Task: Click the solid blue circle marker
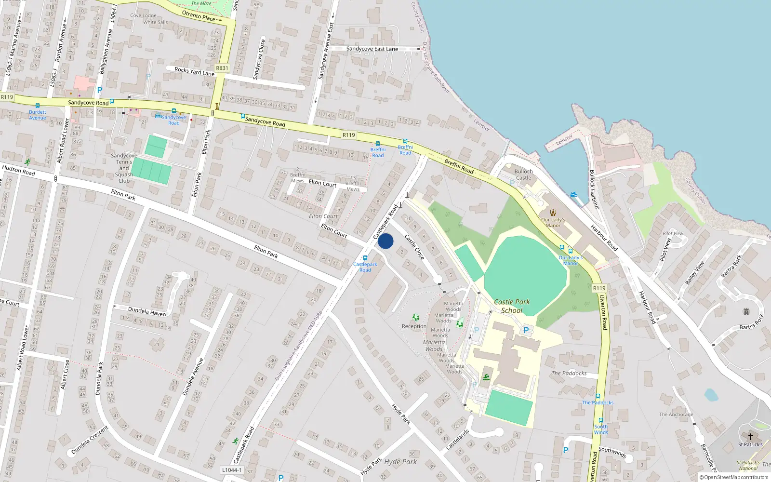click(385, 241)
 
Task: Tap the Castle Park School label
click(512, 306)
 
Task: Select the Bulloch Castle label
click(523, 174)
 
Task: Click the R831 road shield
click(222, 68)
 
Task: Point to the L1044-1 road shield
click(232, 470)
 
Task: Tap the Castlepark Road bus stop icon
click(365, 258)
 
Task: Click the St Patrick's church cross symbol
click(750, 437)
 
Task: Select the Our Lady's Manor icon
click(553, 213)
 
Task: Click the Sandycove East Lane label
click(372, 49)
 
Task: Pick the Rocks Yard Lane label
click(194, 71)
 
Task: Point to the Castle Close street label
click(414, 247)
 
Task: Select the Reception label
click(414, 326)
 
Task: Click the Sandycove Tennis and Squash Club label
click(124, 168)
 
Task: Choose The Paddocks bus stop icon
click(598, 397)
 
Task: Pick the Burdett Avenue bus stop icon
click(38, 106)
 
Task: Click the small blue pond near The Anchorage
click(711, 395)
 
